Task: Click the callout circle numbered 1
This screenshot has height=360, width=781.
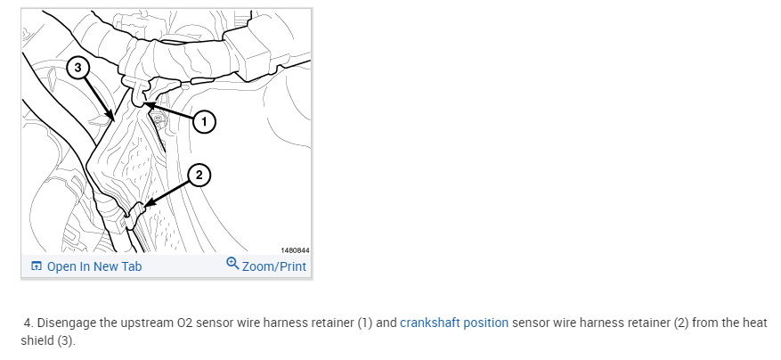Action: click(204, 120)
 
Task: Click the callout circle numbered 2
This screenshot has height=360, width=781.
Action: click(200, 176)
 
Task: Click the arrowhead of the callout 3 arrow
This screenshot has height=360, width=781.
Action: click(111, 119)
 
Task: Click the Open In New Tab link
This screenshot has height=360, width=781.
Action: click(94, 266)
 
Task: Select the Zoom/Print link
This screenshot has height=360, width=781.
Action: click(273, 266)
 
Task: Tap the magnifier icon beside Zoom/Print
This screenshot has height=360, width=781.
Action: click(233, 265)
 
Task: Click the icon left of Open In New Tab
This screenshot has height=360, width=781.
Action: click(36, 266)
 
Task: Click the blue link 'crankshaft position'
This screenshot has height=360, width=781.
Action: click(454, 323)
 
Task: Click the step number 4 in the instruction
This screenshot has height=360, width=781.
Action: click(28, 323)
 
